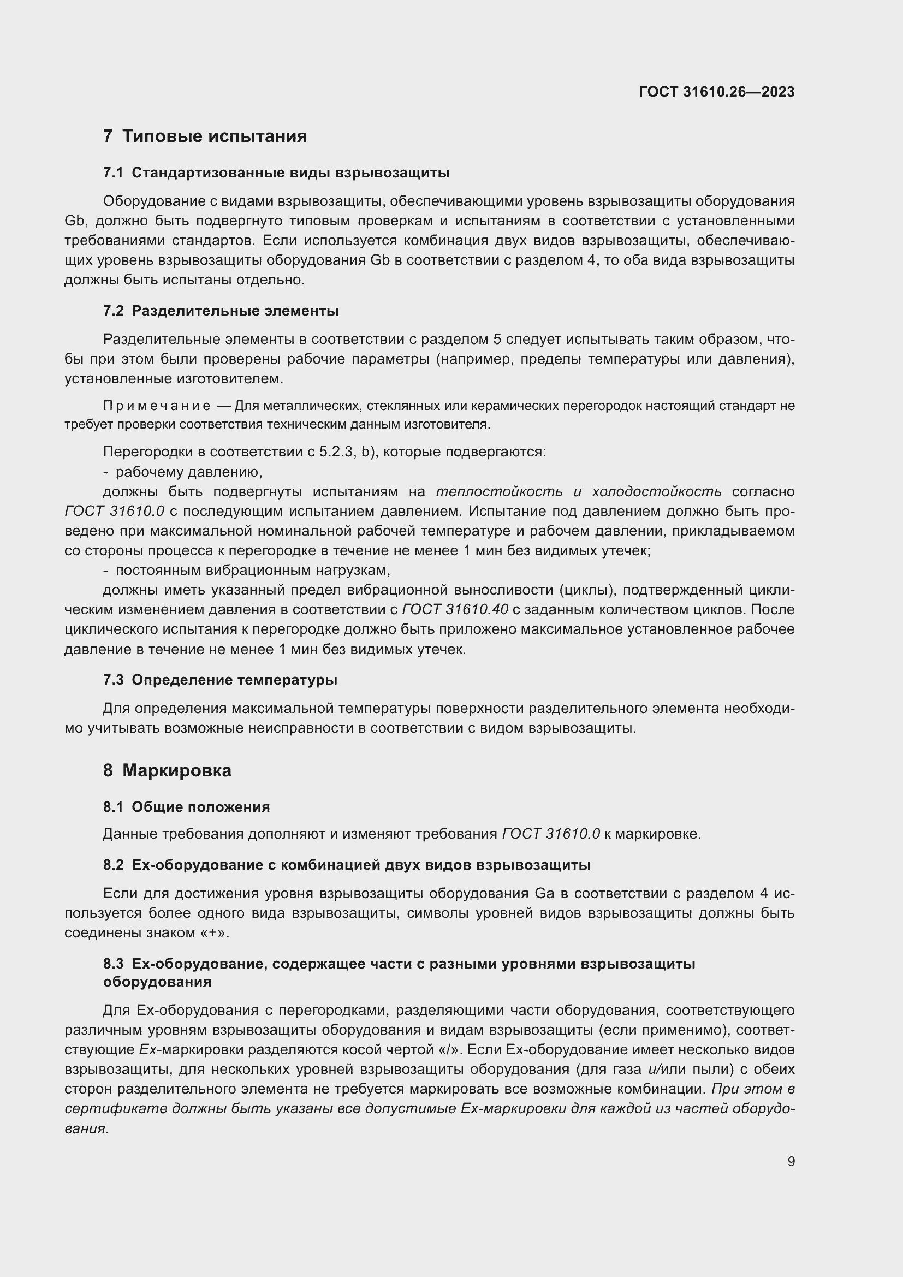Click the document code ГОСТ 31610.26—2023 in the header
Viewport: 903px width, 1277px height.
point(716,92)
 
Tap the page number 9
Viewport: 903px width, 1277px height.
point(791,1161)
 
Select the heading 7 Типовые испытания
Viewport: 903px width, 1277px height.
point(205,136)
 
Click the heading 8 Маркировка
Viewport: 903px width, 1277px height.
point(167,770)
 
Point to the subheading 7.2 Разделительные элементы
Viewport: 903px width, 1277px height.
point(221,311)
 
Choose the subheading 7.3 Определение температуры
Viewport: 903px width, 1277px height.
point(220,680)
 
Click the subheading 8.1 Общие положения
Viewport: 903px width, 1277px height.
point(186,807)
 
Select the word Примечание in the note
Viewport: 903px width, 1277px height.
point(157,406)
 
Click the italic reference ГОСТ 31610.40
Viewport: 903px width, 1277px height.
point(455,610)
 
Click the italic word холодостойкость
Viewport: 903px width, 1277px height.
point(657,492)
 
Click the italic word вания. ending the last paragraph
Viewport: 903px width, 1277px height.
point(86,1128)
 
